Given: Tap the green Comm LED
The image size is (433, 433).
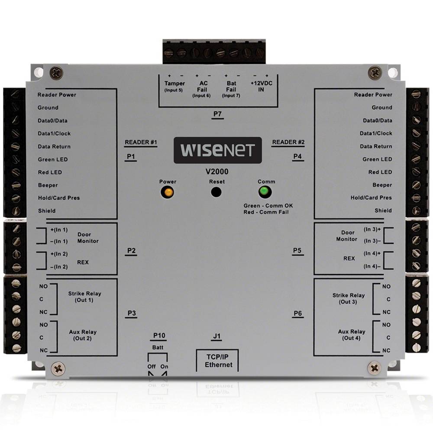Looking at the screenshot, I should point(263,191).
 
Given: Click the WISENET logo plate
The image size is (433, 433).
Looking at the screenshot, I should point(217,150).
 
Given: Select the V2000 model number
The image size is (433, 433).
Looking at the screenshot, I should point(217,171).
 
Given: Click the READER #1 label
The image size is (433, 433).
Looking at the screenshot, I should point(140,142).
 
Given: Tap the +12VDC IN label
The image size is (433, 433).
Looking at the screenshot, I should point(260,86).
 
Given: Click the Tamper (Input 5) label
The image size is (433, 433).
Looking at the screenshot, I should point(174,86).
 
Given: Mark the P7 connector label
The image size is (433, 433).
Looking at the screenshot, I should point(218,114).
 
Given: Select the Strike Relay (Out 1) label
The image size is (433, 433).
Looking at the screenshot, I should point(84,297).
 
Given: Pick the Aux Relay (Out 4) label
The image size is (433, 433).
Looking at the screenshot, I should point(352,335).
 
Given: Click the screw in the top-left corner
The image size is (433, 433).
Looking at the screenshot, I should point(56,71).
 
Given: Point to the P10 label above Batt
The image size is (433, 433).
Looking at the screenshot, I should point(159,336).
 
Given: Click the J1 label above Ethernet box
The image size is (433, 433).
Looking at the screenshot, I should point(217,336).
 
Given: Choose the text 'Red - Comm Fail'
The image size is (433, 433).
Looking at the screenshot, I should point(266,212).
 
